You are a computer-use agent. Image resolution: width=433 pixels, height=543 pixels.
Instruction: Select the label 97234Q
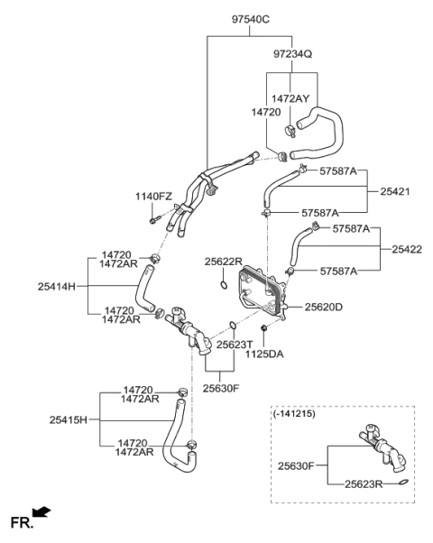click(292, 54)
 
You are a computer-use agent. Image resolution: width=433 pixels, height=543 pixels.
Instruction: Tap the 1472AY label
click(291, 98)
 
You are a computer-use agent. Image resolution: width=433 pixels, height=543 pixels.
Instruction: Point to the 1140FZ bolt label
click(154, 197)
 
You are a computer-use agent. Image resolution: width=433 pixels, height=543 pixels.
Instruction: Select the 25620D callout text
click(324, 308)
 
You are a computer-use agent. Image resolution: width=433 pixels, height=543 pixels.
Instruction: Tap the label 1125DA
click(263, 354)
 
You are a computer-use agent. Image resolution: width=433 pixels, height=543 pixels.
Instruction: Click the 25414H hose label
click(58, 287)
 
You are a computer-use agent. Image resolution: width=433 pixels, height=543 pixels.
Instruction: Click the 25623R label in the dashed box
click(364, 483)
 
